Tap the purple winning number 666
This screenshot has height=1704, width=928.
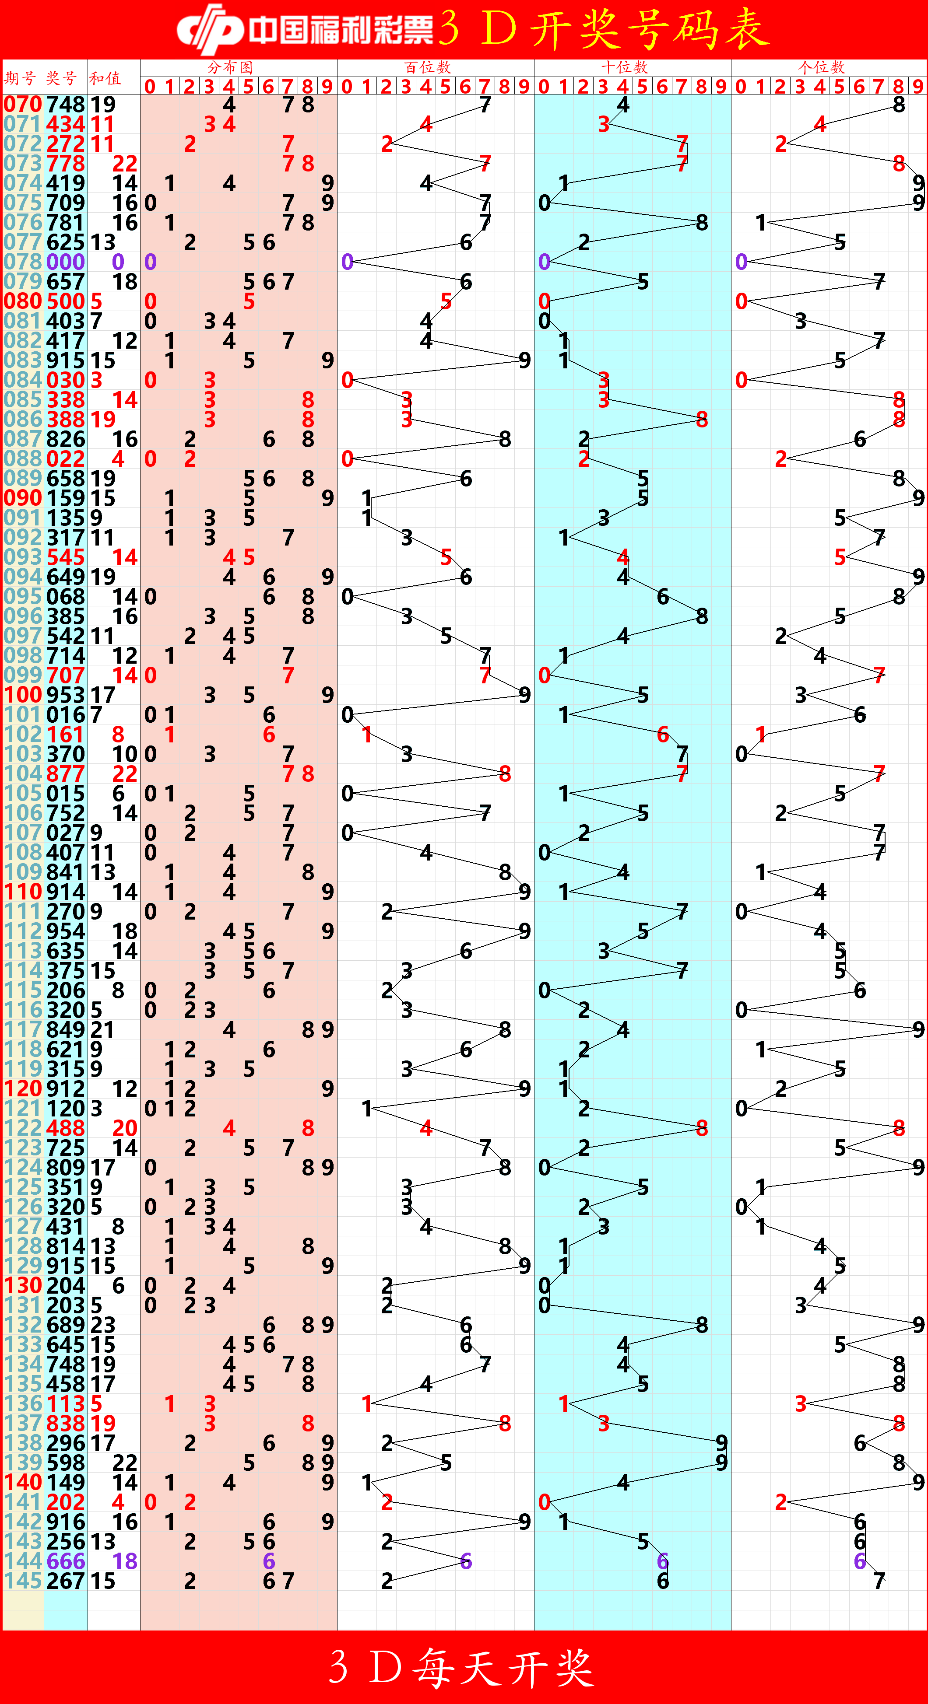point(66,1561)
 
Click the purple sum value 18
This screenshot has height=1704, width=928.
point(124,1561)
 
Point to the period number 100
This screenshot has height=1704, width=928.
point(22,695)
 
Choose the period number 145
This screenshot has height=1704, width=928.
point(22,1581)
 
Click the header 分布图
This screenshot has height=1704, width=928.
point(230,67)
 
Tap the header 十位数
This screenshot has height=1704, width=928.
point(624,67)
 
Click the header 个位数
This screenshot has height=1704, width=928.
point(822,67)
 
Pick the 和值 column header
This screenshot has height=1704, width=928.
point(105,78)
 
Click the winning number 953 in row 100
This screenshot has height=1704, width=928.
point(66,695)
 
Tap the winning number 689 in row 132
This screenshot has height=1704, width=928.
point(66,1325)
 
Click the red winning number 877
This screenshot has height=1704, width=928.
point(66,774)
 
